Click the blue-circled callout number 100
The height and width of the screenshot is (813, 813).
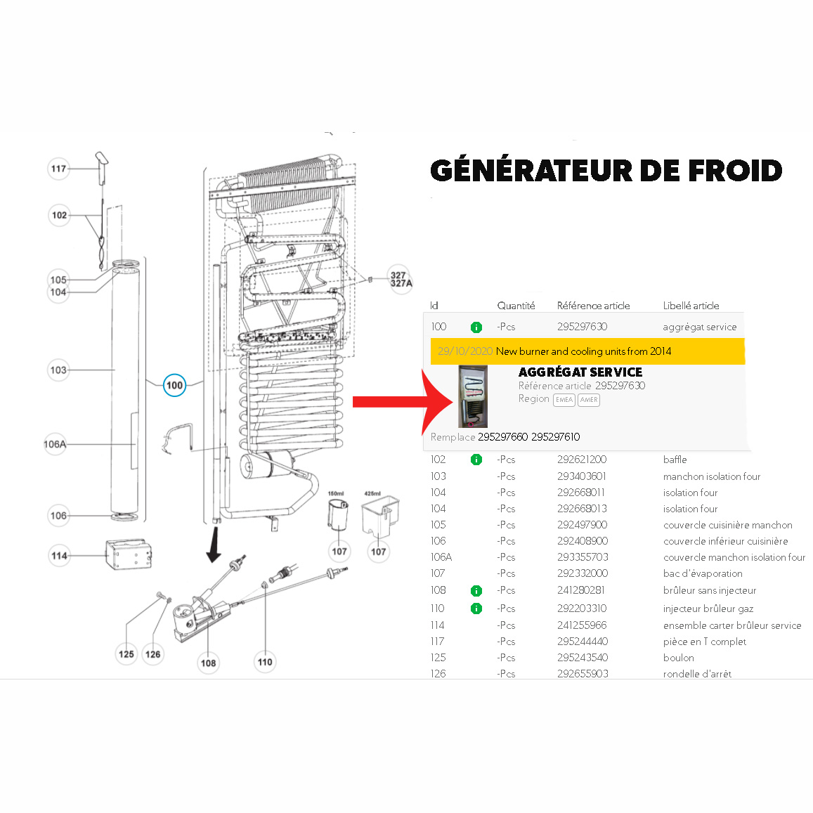point(174,385)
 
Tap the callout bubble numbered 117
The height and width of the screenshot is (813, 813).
point(59,169)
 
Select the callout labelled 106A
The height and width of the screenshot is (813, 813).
point(55,444)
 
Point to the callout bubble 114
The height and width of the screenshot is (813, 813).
point(59,556)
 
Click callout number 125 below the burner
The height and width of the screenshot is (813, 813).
point(126,654)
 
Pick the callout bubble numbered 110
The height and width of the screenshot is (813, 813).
point(265,662)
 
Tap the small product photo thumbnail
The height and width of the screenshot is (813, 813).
point(472,396)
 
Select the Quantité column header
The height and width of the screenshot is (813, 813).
point(516,306)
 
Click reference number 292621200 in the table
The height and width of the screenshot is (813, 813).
point(582,460)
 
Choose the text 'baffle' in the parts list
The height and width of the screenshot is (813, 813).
point(675,460)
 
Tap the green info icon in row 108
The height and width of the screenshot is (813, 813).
point(476,590)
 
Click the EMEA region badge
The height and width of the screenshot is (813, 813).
point(564,400)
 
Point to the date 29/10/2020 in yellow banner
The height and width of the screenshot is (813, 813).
point(464,351)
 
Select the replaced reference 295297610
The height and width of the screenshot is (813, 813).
point(555,437)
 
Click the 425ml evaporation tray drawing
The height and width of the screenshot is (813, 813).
point(379,517)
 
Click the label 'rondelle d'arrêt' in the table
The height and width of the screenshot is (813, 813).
point(697,674)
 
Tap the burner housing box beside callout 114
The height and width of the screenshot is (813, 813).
point(128,555)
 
